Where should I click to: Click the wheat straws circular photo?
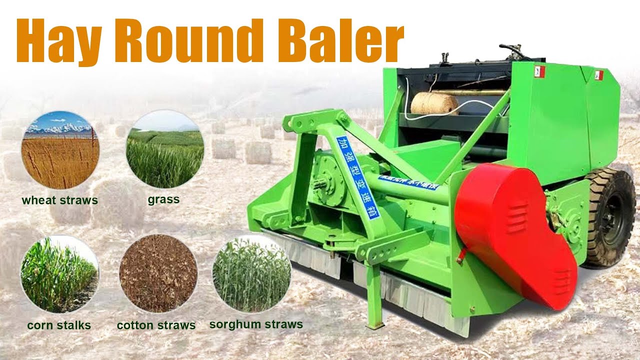(x=60, y=149)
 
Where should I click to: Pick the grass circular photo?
(x=165, y=149)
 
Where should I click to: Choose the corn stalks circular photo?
(x=59, y=274)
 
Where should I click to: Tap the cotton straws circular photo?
(x=158, y=273)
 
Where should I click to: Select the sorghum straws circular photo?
(x=251, y=273)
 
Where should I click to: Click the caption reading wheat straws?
(x=59, y=201)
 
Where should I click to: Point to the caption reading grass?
(x=163, y=200)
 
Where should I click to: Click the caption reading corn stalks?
(x=59, y=325)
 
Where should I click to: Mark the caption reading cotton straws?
(x=156, y=325)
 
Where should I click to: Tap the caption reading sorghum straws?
(x=256, y=324)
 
